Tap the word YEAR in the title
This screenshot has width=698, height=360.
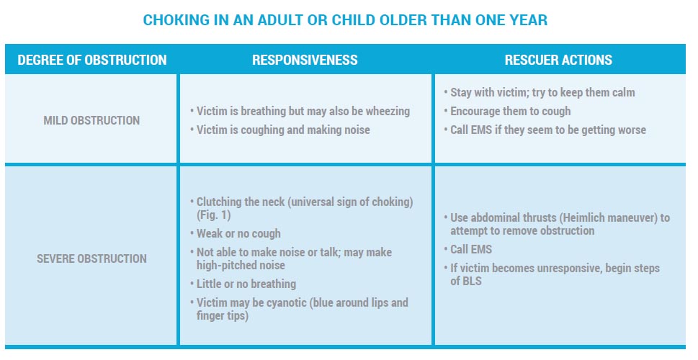(x=527, y=20)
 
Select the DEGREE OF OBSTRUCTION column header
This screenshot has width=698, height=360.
(x=91, y=60)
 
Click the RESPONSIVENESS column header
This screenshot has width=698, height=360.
(x=305, y=60)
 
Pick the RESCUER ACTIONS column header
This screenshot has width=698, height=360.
(x=559, y=60)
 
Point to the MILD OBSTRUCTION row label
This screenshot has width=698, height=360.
(x=91, y=120)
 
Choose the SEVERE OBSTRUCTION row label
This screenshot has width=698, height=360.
(x=91, y=258)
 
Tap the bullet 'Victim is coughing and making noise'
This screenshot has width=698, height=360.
(x=283, y=130)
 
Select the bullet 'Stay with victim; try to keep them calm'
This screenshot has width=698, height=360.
(x=542, y=92)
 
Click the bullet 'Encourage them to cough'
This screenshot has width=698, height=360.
(x=510, y=111)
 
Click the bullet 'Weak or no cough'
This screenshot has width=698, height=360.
(x=238, y=234)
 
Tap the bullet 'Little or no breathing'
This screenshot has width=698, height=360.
(x=246, y=284)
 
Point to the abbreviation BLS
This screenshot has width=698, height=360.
(x=473, y=282)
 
